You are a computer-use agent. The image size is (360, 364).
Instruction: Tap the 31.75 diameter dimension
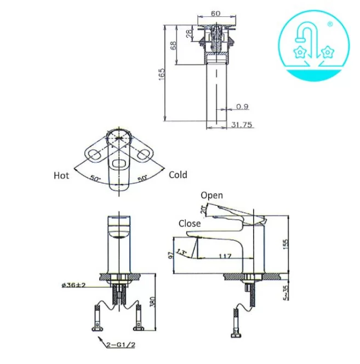[x=241, y=125]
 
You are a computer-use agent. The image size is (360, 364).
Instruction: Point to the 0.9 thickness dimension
[x=242, y=106]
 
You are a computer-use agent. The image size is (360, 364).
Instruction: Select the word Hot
[x=61, y=176]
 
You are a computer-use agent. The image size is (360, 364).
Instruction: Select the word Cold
[x=178, y=175]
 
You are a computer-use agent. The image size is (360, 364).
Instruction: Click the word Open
[x=212, y=195]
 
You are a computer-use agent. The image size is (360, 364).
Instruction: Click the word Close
[x=190, y=223]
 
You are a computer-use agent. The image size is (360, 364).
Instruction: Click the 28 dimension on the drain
[x=189, y=34]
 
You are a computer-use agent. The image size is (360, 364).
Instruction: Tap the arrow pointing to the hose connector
[x=102, y=341]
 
